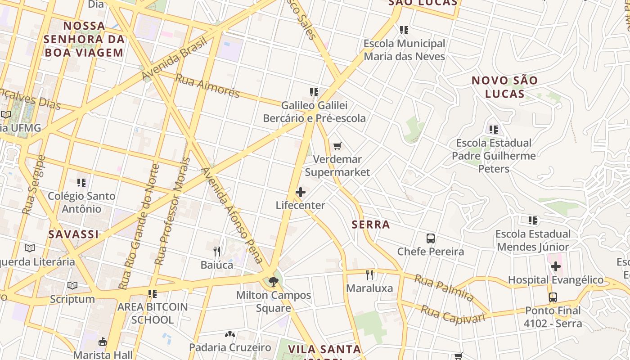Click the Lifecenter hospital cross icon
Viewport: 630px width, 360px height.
tap(300, 193)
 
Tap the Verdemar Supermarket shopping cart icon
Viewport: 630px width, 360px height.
tap(337, 146)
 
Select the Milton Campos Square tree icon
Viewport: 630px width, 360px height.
tap(273, 282)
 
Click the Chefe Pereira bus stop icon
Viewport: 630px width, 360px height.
tap(430, 238)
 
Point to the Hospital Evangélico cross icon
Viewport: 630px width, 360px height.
tap(556, 266)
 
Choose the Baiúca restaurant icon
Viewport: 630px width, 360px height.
tap(217, 252)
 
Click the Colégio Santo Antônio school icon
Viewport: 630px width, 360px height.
tap(81, 183)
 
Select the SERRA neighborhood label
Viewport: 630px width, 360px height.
tap(371, 225)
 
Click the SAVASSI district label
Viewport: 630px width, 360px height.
tap(73, 234)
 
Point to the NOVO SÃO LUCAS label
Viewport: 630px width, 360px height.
tap(504, 87)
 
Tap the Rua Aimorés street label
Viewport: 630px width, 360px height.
tap(207, 85)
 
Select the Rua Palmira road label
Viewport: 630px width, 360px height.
tap(444, 288)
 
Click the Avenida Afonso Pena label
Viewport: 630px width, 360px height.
tap(232, 216)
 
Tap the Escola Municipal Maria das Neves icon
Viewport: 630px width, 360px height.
tap(404, 30)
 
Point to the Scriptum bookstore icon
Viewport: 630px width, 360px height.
tap(72, 286)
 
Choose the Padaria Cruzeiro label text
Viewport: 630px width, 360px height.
tap(230, 347)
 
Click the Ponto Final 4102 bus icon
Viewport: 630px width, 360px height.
tap(553, 297)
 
